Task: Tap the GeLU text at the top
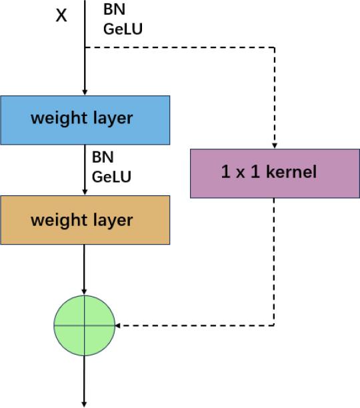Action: [x=123, y=29]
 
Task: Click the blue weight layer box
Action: [x=85, y=119]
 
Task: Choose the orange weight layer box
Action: [x=85, y=219]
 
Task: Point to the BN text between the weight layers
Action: [x=103, y=158]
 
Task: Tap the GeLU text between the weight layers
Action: [x=111, y=177]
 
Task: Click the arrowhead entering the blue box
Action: [x=85, y=92]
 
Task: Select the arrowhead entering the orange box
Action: [x=85, y=192]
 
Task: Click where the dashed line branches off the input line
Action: [x=85, y=47]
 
